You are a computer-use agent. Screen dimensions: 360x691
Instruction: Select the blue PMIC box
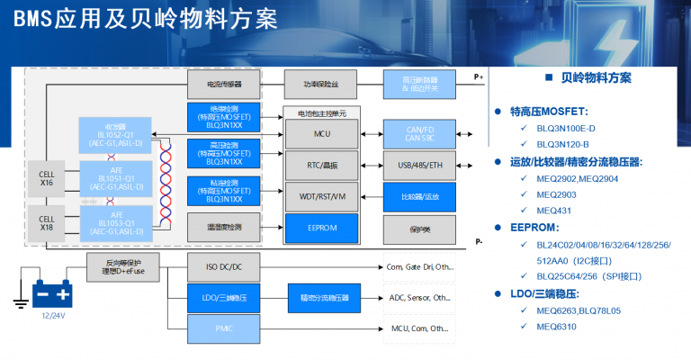click(x=225, y=328)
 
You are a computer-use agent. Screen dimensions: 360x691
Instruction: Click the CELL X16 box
click(x=46, y=176)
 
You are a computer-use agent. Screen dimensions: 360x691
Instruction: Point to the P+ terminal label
click(x=479, y=78)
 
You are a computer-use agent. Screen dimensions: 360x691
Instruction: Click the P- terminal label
click(x=479, y=242)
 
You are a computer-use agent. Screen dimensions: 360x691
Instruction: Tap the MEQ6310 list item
click(x=558, y=327)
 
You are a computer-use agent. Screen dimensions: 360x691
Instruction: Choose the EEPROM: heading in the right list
click(x=535, y=228)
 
